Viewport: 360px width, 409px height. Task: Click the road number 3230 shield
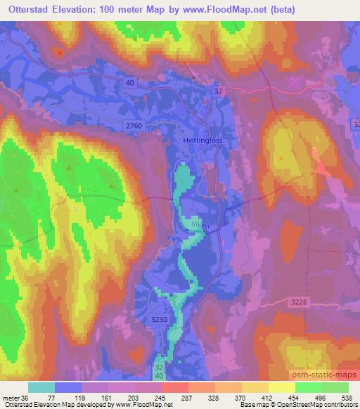pos(160,318)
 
